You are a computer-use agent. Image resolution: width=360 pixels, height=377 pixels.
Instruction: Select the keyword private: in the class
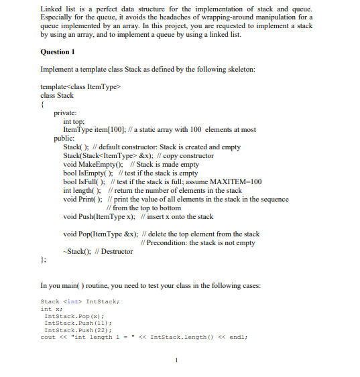(x=65, y=113)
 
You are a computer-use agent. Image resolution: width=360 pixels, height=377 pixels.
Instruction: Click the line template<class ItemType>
(x=79, y=86)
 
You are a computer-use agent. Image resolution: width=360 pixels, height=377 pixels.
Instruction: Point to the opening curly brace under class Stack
(x=42, y=104)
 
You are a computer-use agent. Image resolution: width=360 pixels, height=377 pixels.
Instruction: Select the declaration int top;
(x=74, y=122)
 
